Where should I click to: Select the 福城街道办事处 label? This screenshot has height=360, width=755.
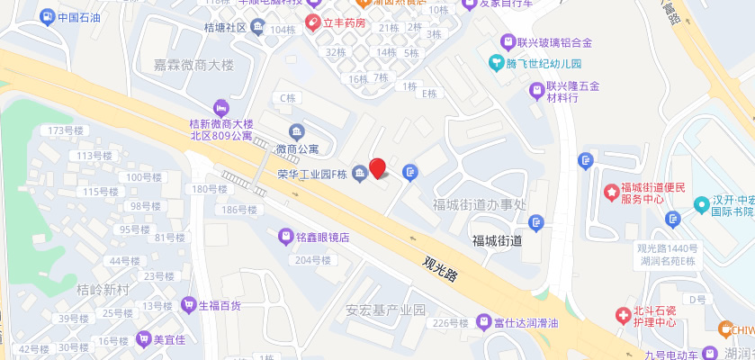point(478,204)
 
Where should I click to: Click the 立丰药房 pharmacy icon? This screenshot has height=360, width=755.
point(312,22)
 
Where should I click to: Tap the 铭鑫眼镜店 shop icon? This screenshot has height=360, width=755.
point(285,238)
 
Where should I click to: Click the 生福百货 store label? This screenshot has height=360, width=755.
point(220,305)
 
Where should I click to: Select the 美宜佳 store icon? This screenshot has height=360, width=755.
point(142,339)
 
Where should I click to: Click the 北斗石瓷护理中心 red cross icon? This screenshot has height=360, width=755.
point(623,315)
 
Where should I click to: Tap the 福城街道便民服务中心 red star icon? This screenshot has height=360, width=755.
point(613,192)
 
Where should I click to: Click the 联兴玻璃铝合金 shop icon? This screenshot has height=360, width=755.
point(508,41)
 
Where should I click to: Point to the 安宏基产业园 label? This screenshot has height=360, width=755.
point(385,310)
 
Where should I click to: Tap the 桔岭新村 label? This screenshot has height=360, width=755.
point(103,290)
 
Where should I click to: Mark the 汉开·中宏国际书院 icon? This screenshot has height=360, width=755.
point(700,205)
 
